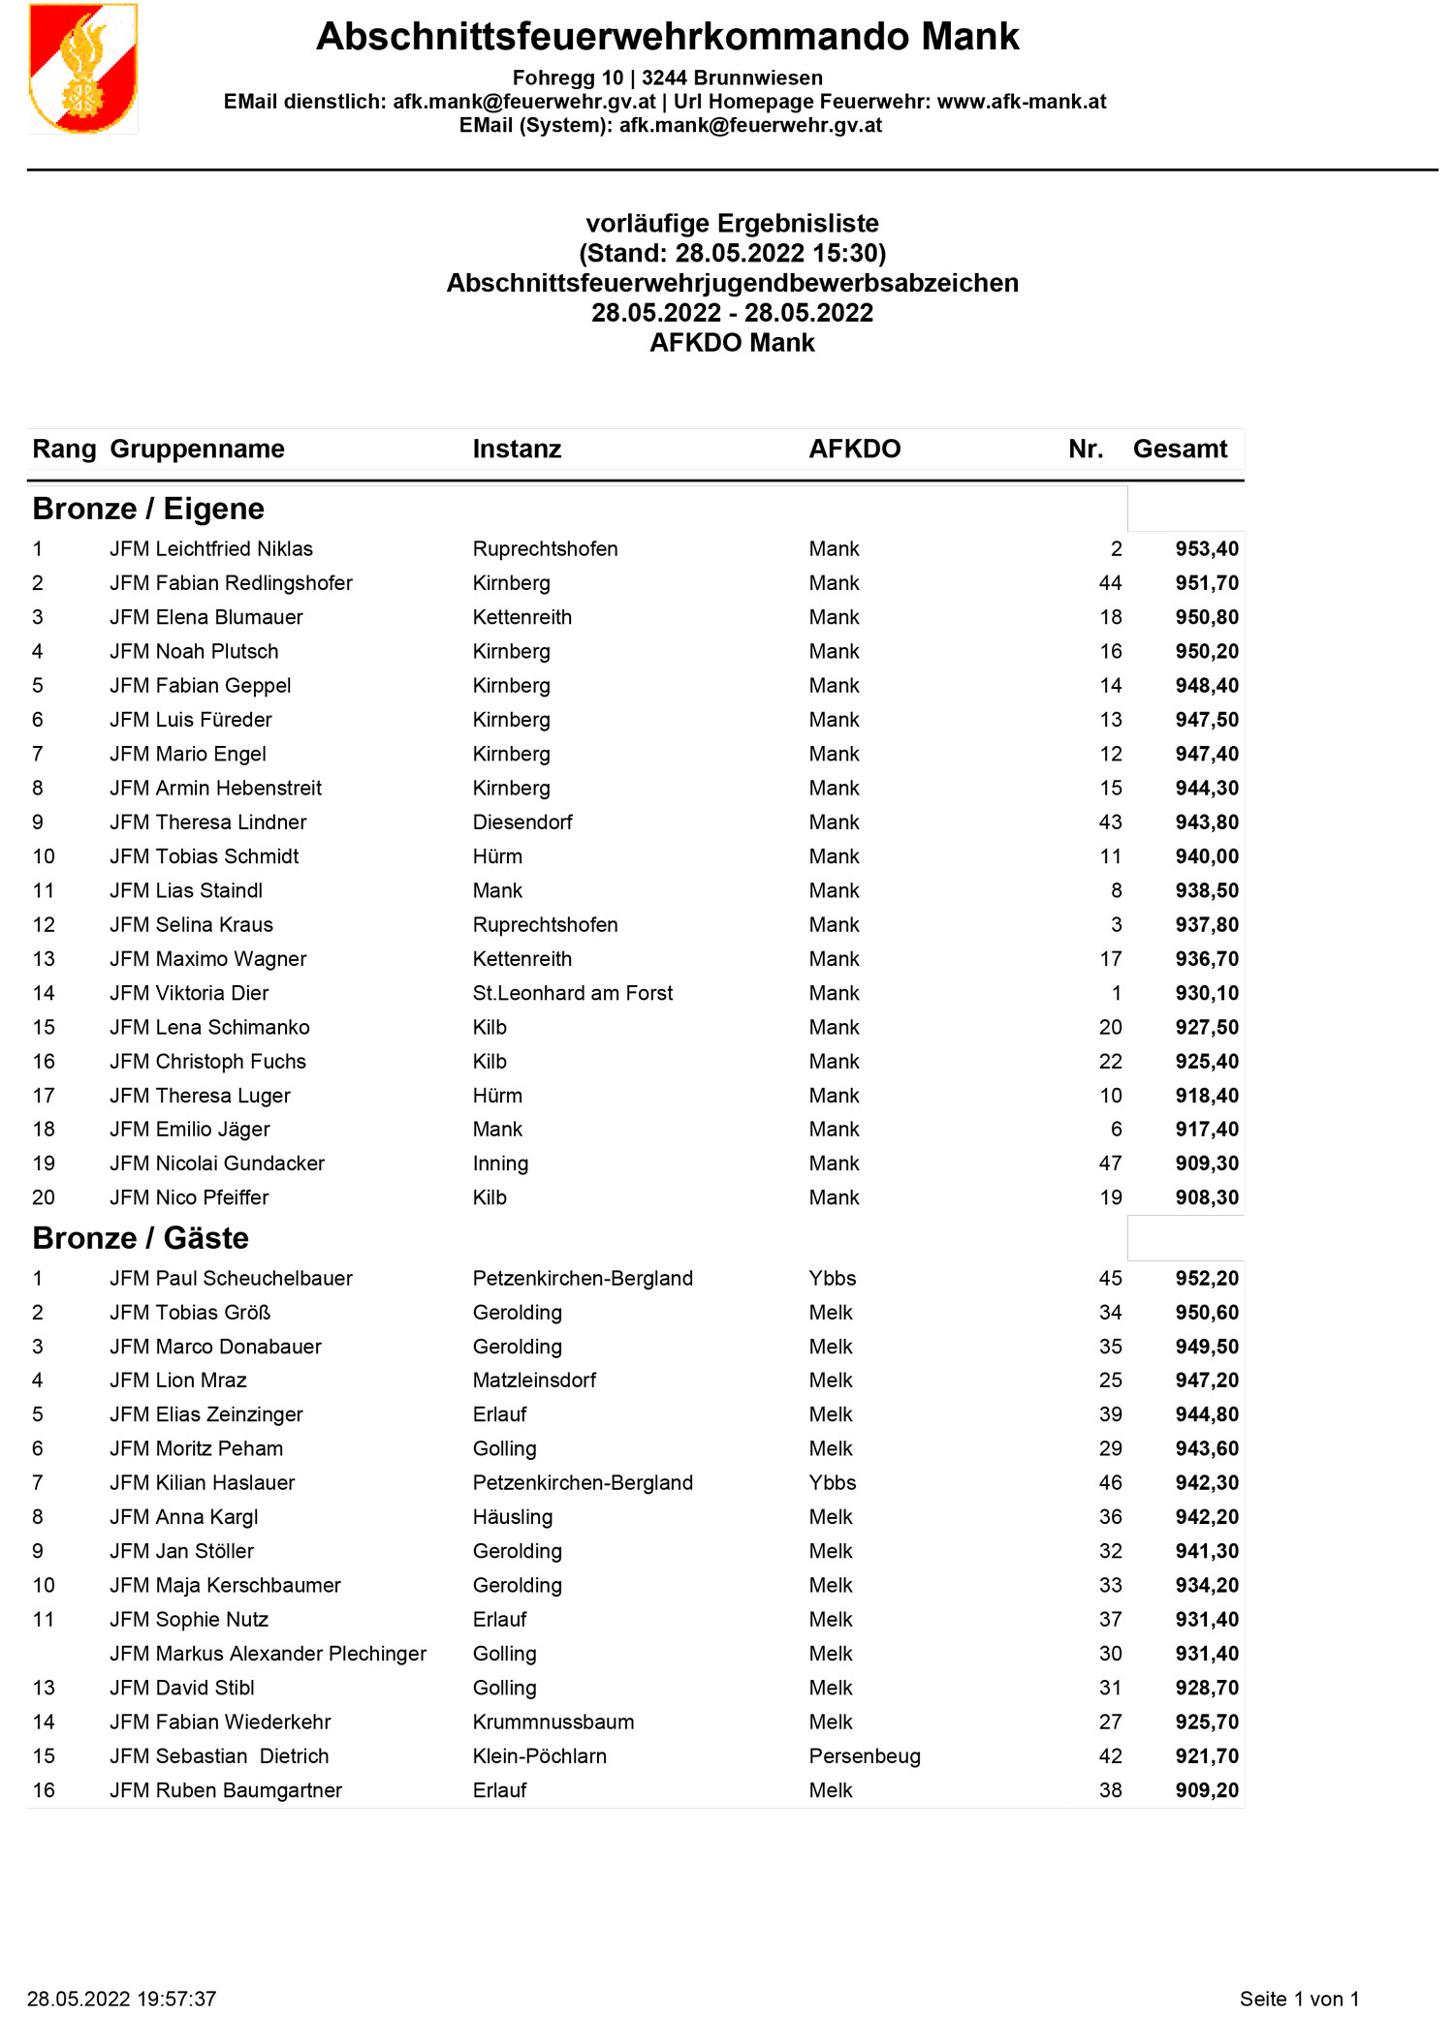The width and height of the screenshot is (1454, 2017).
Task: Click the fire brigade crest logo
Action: click(x=83, y=69)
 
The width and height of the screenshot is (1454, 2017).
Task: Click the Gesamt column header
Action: click(x=1180, y=450)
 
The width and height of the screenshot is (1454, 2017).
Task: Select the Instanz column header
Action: click(x=517, y=450)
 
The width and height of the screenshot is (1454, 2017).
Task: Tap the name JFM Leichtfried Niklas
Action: click(x=211, y=549)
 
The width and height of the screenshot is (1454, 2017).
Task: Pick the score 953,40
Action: click(x=1207, y=549)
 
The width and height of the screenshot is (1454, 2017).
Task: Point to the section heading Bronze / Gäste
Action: click(x=141, y=1238)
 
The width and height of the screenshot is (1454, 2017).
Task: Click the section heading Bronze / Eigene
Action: click(x=148, y=509)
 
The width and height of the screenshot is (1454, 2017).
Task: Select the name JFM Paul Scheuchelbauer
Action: click(x=231, y=1279)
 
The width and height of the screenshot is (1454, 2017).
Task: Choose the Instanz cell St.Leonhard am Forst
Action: click(x=572, y=993)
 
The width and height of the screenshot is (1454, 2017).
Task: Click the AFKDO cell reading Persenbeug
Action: click(x=865, y=1756)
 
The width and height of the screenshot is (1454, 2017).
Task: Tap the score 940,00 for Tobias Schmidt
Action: click(x=1207, y=856)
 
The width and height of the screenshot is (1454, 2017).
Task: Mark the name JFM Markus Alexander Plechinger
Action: click(x=268, y=1654)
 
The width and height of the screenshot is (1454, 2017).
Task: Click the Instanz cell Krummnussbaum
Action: click(x=553, y=1722)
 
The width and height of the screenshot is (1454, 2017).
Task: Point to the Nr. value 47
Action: click(x=1110, y=1164)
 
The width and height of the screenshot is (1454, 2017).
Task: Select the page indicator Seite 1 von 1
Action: click(x=1299, y=1999)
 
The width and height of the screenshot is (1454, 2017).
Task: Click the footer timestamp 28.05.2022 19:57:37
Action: click(x=121, y=1999)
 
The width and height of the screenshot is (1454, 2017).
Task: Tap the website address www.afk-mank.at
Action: click(x=1022, y=102)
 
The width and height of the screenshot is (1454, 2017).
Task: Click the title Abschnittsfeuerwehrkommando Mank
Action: click(x=668, y=37)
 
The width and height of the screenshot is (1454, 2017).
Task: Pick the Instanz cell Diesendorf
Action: click(x=522, y=822)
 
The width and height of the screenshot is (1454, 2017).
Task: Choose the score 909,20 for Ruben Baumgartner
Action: click(x=1207, y=1790)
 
